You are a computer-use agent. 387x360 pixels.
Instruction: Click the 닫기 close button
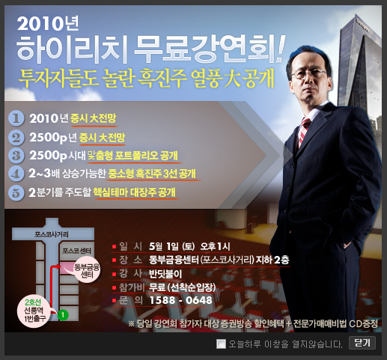click(362, 343)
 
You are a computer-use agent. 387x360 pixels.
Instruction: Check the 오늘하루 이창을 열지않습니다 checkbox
click(221, 344)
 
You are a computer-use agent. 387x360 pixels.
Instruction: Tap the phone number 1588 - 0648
click(180, 300)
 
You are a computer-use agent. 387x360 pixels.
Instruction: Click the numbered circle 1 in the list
click(16, 118)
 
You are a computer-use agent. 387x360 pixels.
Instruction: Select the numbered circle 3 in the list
click(16, 156)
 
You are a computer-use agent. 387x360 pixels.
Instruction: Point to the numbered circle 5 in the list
click(16, 192)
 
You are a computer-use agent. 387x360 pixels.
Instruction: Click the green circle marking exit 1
click(63, 314)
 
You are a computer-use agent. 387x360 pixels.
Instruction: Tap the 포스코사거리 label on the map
click(52, 234)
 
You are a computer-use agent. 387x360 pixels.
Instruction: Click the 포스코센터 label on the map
click(76, 251)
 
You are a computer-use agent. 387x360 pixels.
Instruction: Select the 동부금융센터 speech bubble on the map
click(87, 270)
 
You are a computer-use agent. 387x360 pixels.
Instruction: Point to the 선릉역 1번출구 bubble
click(34, 311)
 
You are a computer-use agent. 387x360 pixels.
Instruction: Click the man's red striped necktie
click(304, 132)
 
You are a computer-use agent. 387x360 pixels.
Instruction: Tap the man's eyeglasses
click(308, 74)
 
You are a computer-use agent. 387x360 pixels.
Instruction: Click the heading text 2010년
click(48, 24)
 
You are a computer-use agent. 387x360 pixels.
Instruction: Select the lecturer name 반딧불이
click(165, 274)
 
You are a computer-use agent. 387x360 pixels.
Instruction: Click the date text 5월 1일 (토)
click(171, 246)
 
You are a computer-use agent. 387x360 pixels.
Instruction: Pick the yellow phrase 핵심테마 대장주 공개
click(135, 192)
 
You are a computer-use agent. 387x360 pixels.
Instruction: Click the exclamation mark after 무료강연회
click(280, 49)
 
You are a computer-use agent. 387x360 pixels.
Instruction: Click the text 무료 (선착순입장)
click(183, 287)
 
